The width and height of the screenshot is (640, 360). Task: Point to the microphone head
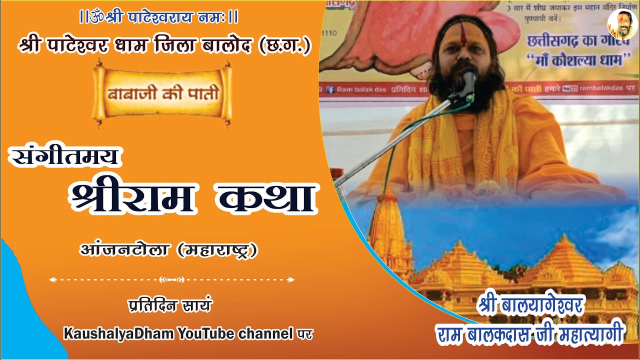[x=469, y=79]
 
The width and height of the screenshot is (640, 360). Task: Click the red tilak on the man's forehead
[x=463, y=35]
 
